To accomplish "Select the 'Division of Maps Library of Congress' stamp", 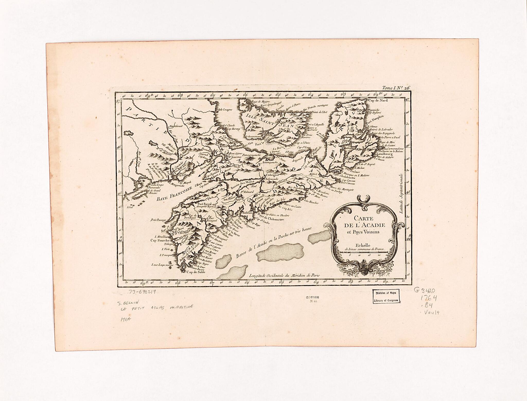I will click(x=386, y=296).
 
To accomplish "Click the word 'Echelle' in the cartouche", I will click(x=363, y=245).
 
